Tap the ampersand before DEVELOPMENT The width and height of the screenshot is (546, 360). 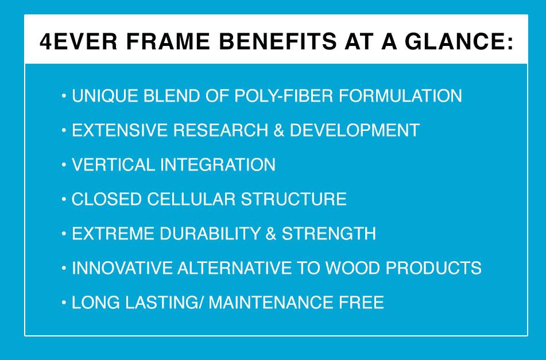pos(279,130)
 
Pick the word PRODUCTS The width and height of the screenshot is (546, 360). pos(436,268)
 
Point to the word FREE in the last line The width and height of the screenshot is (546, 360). pos(363,303)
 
